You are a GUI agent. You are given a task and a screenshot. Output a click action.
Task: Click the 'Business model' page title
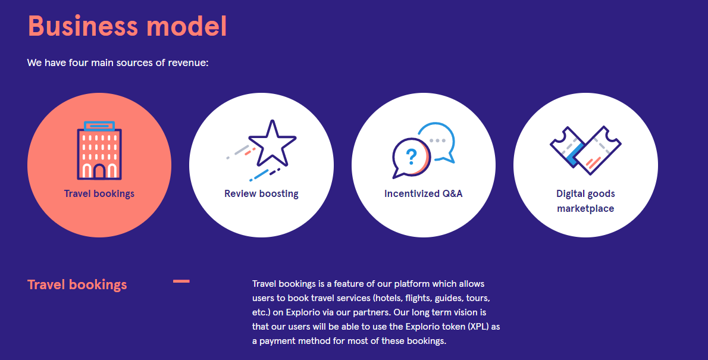click(x=127, y=26)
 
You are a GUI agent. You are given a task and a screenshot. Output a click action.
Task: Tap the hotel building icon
click(x=99, y=151)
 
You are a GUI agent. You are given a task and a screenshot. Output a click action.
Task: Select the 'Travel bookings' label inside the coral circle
click(x=99, y=194)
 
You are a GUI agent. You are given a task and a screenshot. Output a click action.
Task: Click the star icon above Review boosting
click(x=272, y=143)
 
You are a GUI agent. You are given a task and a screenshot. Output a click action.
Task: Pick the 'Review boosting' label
click(x=261, y=194)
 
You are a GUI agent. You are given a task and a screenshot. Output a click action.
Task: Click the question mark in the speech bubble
click(x=411, y=156)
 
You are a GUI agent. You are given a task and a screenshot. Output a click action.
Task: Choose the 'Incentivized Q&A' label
click(x=424, y=194)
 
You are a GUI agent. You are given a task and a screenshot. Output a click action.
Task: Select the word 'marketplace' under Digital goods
click(x=585, y=209)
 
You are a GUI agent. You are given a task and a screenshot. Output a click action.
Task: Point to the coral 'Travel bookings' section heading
click(x=77, y=284)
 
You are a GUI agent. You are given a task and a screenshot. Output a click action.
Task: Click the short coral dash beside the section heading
click(x=181, y=281)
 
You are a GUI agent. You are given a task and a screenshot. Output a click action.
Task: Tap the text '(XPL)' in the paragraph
click(x=479, y=327)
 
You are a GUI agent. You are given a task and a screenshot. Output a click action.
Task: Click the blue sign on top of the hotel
click(x=99, y=126)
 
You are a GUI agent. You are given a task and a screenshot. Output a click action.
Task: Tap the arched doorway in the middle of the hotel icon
click(x=99, y=171)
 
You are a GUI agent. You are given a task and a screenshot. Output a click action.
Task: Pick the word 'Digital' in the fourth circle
click(x=571, y=194)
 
